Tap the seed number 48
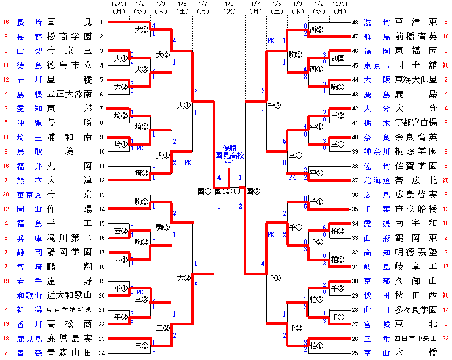pos(355,23)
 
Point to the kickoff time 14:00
pos(233,191)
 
